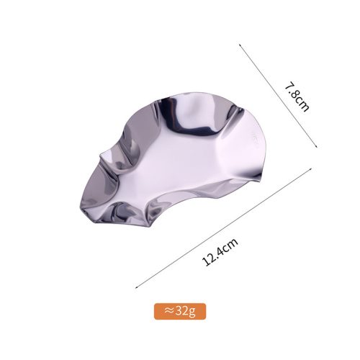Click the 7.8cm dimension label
[x=297, y=96]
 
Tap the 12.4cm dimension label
[x=220, y=252]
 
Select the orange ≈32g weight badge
[x=180, y=311]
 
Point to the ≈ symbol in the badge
[x=169, y=311]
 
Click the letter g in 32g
[x=192, y=312]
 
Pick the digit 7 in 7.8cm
[x=289, y=86]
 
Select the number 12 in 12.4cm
[x=209, y=261]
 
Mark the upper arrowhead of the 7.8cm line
[x=239, y=44]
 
